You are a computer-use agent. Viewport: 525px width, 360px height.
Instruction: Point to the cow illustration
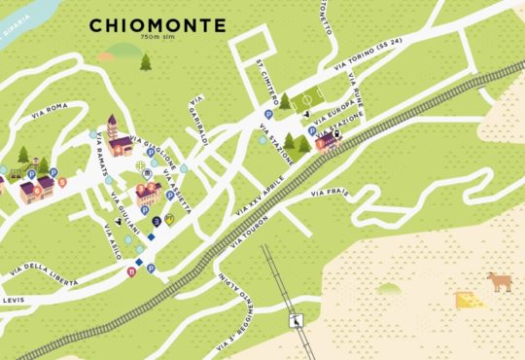[x=500, y=282]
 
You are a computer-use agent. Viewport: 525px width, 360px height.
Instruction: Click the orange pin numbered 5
[x=62, y=181]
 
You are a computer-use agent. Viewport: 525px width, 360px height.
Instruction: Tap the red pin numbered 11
[x=132, y=273]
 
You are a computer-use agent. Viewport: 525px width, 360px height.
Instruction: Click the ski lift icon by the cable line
[x=296, y=320]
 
